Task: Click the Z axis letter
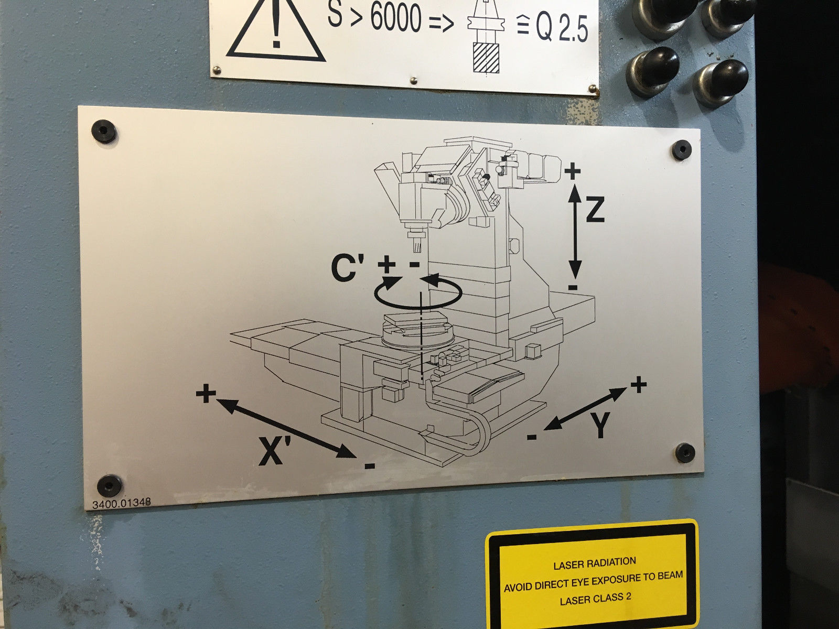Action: tap(595, 209)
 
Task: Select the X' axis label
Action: tap(275, 451)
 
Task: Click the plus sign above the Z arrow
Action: tap(572, 171)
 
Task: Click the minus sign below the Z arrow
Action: tap(573, 287)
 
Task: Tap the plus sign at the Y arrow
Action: tap(638, 384)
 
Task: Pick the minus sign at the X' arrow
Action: tap(370, 465)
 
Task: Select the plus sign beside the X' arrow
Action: tap(206, 393)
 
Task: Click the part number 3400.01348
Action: tap(122, 503)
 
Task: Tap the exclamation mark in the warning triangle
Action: tap(276, 25)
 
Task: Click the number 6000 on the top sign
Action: tap(396, 17)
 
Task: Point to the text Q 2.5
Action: tap(561, 27)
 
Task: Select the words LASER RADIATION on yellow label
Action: tap(594, 564)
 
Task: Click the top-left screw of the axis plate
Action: tap(104, 132)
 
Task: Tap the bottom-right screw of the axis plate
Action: tap(685, 452)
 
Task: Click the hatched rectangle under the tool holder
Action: tap(486, 58)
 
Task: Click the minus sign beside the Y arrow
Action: tap(532, 437)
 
